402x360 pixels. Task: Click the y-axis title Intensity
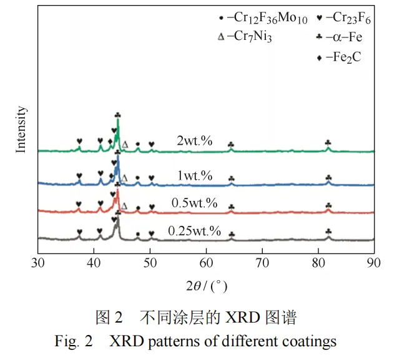click(21, 130)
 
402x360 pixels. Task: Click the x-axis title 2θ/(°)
click(205, 286)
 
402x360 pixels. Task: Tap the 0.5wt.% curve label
click(194, 203)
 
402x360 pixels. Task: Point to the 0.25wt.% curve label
click(194, 231)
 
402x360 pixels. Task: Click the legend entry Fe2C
click(341, 57)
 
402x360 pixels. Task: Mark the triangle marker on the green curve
click(125, 144)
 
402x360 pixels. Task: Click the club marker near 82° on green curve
click(328, 142)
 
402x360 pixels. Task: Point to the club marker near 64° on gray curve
click(232, 235)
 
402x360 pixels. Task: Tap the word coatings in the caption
click(312, 341)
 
